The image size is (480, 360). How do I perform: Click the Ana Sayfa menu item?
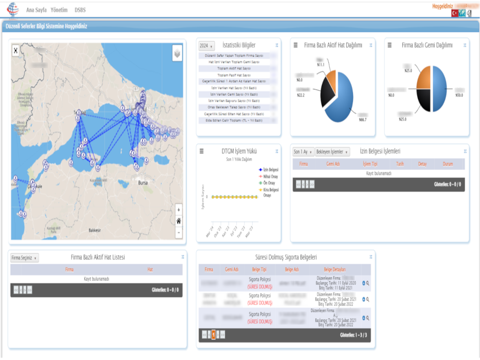[36, 10]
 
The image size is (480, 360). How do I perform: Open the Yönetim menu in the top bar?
[59, 10]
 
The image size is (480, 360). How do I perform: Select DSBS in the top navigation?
[80, 10]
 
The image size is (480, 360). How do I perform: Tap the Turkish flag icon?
[455, 13]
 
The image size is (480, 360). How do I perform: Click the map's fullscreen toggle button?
[15, 49]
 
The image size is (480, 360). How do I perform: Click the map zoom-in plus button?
[179, 210]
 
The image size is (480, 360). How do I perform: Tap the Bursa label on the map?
[142, 183]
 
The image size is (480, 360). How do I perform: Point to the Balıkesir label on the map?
[95, 230]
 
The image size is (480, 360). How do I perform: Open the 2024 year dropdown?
[206, 46]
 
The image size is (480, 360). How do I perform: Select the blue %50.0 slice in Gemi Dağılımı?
[442, 89]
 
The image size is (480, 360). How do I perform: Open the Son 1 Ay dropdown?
[303, 152]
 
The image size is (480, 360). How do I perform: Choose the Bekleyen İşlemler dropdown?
[332, 152]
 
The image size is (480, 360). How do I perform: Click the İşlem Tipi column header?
[371, 164]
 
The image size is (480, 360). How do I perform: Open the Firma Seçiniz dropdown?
[24, 258]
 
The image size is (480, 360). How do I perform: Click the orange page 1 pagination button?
[213, 335]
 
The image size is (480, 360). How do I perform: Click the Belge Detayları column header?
[335, 269]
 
